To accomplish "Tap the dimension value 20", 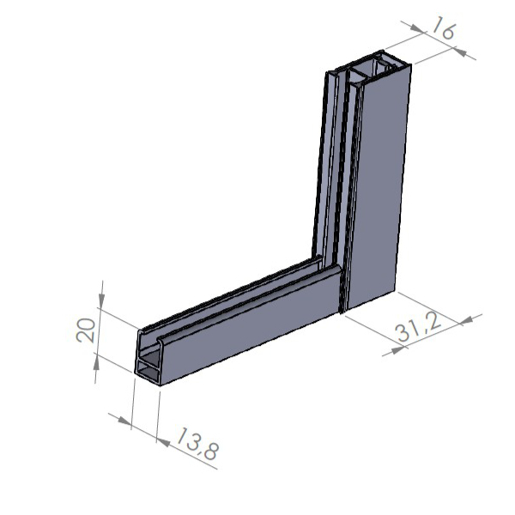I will [86, 330].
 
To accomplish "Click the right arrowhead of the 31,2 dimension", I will [463, 321].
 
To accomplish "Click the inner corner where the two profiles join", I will [321, 257].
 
